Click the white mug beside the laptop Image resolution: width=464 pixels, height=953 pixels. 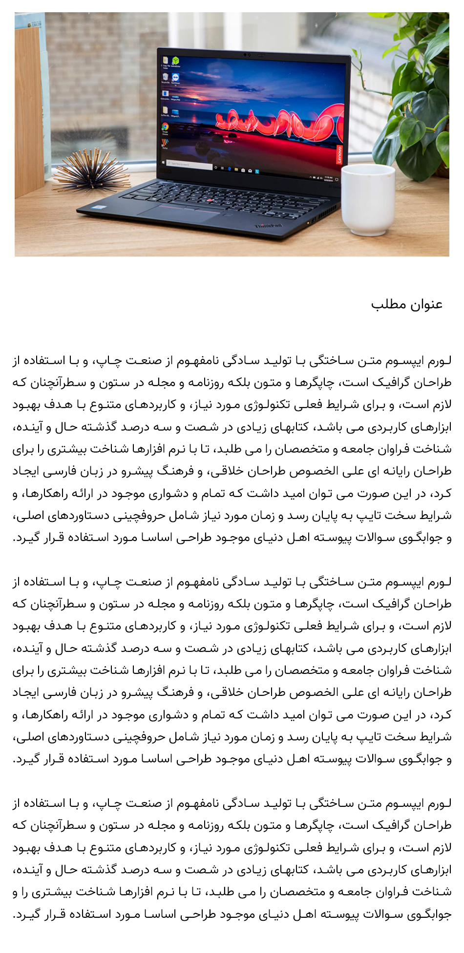[367, 198]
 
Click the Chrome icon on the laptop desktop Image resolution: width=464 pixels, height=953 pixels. [165, 127]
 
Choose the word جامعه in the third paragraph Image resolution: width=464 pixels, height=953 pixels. [349, 892]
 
